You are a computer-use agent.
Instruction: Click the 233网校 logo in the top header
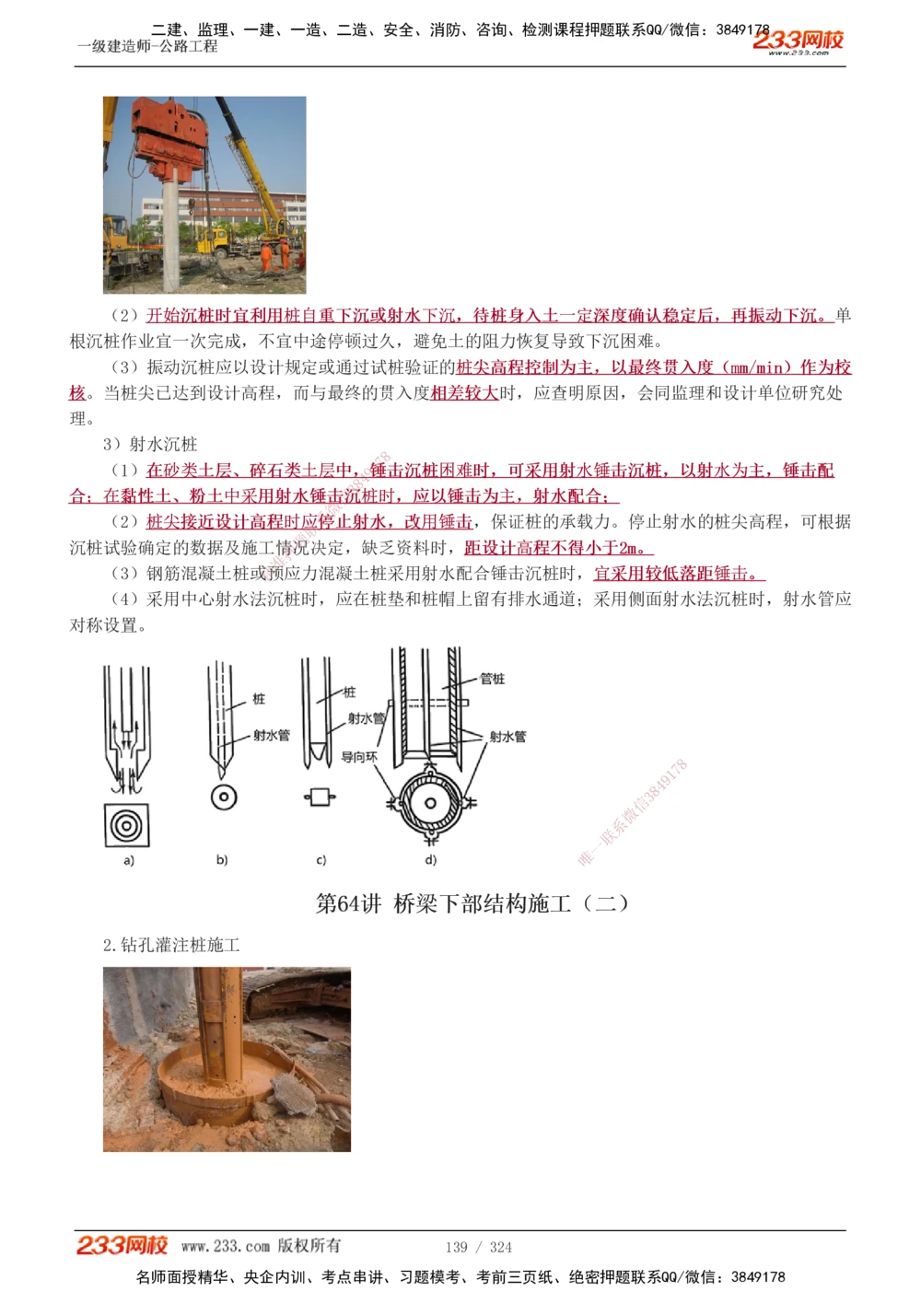pos(798,41)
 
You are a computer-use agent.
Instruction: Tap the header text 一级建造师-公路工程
pos(147,46)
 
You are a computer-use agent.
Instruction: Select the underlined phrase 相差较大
pos(464,393)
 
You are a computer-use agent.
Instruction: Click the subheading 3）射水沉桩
pos(150,445)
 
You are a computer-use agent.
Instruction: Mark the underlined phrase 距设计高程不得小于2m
pos(558,548)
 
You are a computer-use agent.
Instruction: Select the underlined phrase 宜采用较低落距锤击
pos(678,574)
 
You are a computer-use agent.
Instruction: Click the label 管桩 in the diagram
pos(492,679)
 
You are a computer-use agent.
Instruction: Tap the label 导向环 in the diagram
pos(359,757)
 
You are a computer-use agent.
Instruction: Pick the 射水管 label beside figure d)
pos(507,737)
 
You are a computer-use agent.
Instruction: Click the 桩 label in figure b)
pos(259,699)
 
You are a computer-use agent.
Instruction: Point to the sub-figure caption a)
pos(129,860)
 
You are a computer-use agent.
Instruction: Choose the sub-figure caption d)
pos(430,860)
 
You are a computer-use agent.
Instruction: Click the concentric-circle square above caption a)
pos(126,825)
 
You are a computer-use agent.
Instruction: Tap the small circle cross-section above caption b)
pos(224,797)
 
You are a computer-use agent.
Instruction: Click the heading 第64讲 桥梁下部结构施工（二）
pos(472,903)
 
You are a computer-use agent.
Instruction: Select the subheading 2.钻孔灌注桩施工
pos(171,945)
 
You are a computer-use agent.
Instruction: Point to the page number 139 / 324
pos(478,1247)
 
